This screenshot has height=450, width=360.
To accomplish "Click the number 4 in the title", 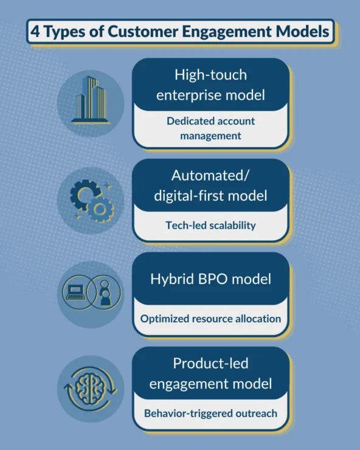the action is [35, 31].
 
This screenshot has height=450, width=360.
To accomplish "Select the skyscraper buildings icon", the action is [91, 100].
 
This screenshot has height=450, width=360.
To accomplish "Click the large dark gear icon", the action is [83, 195].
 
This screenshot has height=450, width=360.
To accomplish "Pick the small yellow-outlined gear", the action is [100, 209].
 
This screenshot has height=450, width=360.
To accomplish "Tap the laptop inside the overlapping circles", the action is [75, 292].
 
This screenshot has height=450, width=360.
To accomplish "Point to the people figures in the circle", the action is [105, 293].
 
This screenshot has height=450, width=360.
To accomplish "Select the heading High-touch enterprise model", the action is [211, 85].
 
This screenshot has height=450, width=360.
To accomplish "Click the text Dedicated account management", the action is [211, 128].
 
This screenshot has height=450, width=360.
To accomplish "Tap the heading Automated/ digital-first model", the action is [211, 185].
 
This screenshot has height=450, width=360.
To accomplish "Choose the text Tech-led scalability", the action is [211, 225].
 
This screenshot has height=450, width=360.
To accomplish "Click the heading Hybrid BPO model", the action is [211, 279].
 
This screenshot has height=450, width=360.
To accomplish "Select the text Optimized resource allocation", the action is [211, 319].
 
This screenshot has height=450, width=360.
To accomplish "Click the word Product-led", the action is [211, 363].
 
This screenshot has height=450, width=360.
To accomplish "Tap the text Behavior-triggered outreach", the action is [211, 414].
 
